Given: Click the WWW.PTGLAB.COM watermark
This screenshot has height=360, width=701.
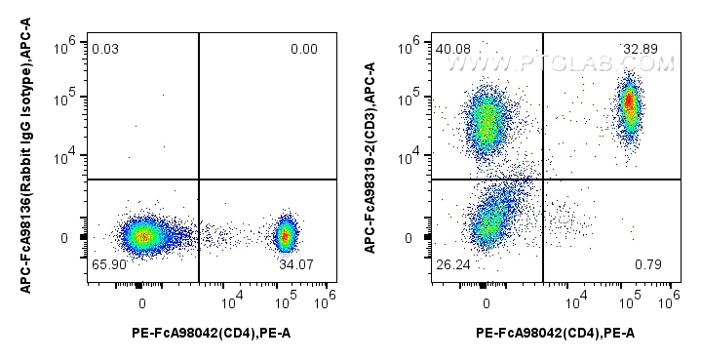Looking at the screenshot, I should pos(561,63).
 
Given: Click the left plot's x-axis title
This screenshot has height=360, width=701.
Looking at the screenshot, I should pos(211,334).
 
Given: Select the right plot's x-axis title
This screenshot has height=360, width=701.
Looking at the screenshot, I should pos(555,334).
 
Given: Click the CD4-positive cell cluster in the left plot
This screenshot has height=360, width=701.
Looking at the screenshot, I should pos(285,235).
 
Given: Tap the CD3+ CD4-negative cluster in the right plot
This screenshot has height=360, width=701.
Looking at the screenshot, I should pos(487,121).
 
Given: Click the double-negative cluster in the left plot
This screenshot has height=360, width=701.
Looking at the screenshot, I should pos(142,235).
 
